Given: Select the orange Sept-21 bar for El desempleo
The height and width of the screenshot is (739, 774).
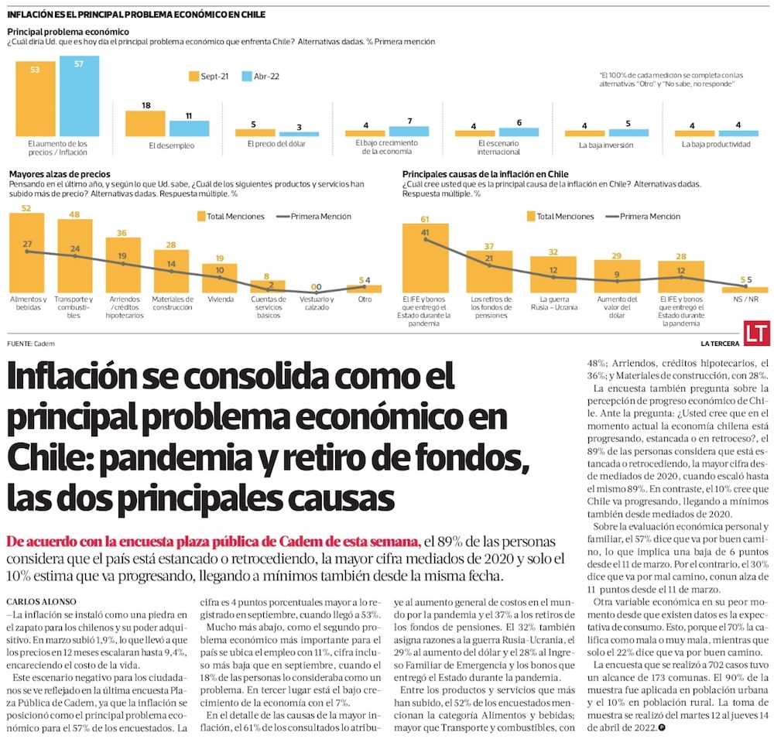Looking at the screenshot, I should pos(145,124).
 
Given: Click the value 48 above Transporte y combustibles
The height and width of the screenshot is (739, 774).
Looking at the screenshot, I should pos(74,214).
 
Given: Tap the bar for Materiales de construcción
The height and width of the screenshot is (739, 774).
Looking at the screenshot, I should pos(171,270).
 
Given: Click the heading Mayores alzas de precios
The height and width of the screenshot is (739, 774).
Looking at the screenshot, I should pos(59,175).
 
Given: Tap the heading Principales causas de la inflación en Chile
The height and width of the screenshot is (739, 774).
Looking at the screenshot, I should pos(485,175).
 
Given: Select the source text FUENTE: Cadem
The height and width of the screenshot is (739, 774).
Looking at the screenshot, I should pos(31,343).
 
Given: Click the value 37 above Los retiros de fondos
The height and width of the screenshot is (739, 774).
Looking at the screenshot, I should pos(489,246).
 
